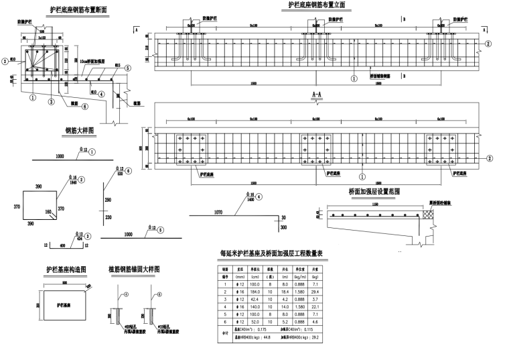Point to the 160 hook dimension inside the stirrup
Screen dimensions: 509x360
[x=49, y=212]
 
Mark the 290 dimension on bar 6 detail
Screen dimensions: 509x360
[x=108, y=200]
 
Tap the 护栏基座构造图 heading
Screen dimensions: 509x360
[x=67, y=269]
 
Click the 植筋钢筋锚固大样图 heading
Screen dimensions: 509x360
[x=135, y=269]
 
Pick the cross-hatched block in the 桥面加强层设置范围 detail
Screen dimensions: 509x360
[x=425, y=216]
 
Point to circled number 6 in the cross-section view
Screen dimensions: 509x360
[x=85, y=105]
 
